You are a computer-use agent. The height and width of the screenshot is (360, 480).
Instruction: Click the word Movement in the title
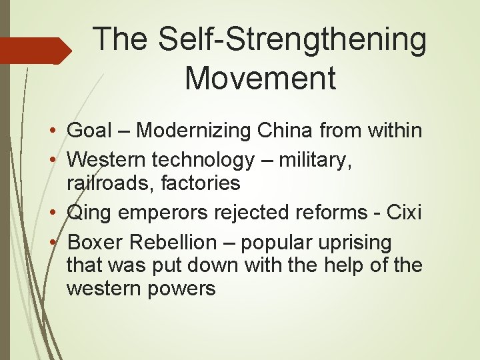point(260,78)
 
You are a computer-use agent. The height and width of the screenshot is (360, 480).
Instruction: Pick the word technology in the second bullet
point(203,160)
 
